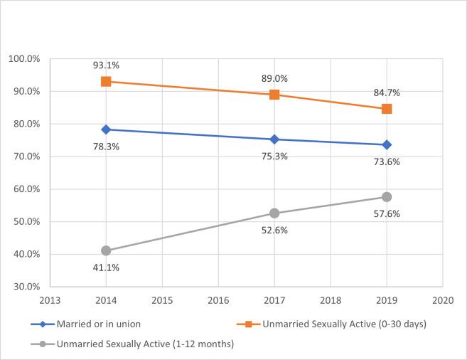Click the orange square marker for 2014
[106, 81]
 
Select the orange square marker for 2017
[274, 95]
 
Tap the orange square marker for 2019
[387, 109]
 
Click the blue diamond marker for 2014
[106, 129]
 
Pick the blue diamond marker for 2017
[274, 139]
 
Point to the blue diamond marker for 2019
[387, 144]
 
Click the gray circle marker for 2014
[106, 250]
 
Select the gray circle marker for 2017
[274, 213]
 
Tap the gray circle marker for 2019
[387, 196]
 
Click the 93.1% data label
[105, 65]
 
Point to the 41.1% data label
[105, 267]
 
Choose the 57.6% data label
[388, 213]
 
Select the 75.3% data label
[274, 156]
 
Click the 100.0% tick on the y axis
[24, 58]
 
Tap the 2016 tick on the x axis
[218, 300]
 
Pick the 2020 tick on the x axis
[443, 300]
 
